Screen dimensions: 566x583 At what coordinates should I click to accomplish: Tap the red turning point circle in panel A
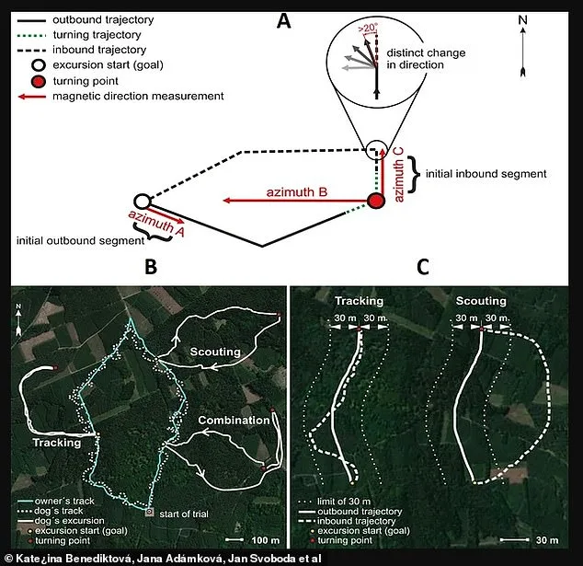click(375, 201)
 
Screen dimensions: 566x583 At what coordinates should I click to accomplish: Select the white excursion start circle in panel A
click(141, 202)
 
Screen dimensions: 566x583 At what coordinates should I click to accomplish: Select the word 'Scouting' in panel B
click(216, 352)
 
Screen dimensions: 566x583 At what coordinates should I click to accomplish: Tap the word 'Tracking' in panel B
click(58, 442)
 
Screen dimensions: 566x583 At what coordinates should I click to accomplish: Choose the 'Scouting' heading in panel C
click(482, 301)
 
